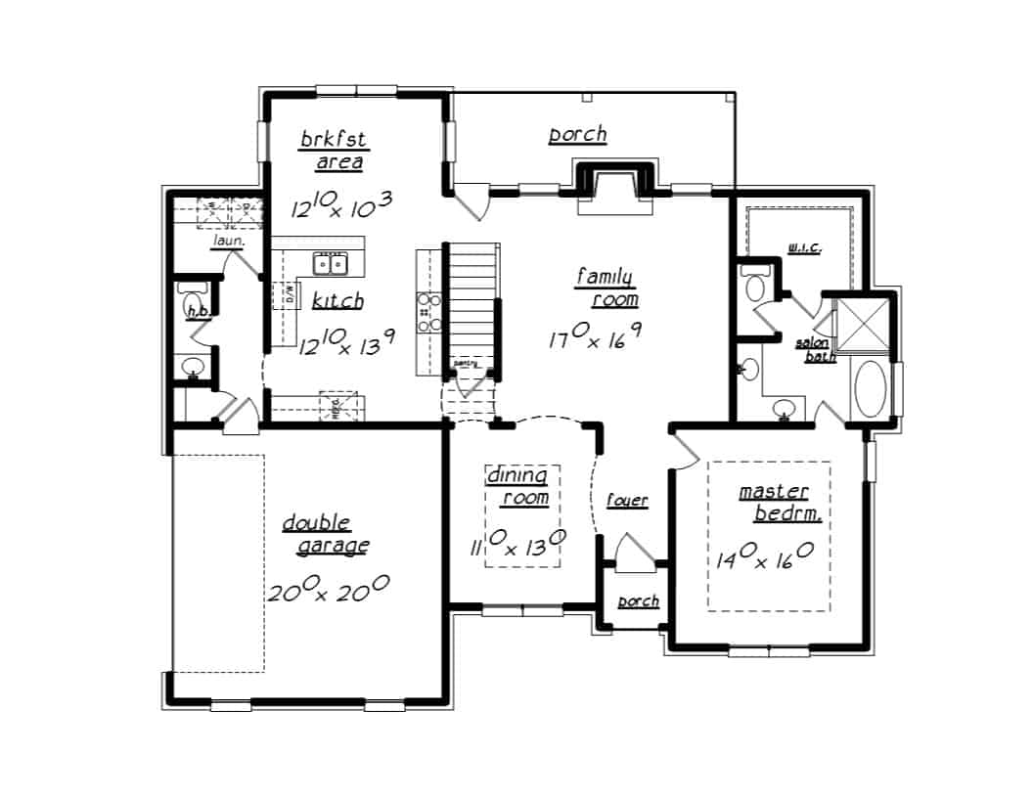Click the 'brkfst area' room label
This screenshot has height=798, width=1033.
click(333, 151)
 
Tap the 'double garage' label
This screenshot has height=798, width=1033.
click(325, 534)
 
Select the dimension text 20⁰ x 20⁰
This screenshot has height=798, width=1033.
click(329, 588)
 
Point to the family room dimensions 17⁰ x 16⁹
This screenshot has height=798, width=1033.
click(595, 337)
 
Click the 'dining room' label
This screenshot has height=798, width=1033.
click(518, 486)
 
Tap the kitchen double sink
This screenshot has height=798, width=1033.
click(329, 263)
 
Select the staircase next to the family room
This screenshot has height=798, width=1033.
click(472, 303)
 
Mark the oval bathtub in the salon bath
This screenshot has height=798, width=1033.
click(870, 389)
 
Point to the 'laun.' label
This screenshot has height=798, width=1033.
click(228, 239)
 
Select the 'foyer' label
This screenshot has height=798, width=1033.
click(626, 501)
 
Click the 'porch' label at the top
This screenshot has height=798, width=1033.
click(577, 134)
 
